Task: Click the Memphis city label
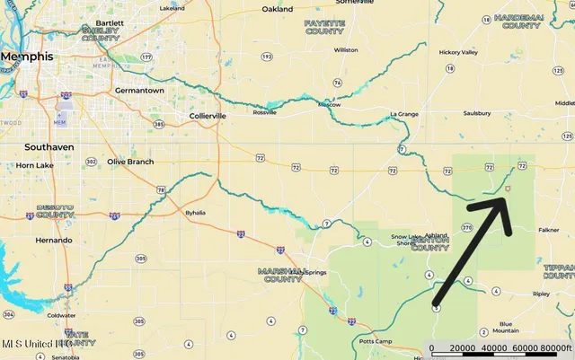pos(26,57)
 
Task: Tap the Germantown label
pos(139,91)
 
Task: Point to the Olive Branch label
pos(130,162)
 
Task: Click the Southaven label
pos(49,146)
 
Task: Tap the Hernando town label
pos(54,241)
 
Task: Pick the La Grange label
pos(405,115)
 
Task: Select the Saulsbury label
pos(476,114)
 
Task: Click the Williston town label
pos(345,50)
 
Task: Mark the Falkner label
pos(548,230)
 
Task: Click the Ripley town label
pos(541,294)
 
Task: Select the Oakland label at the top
pos(278,9)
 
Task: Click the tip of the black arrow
pos(505,196)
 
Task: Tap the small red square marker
pos(508,189)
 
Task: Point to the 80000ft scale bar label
pos(556,348)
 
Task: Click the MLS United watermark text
pos(36,344)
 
